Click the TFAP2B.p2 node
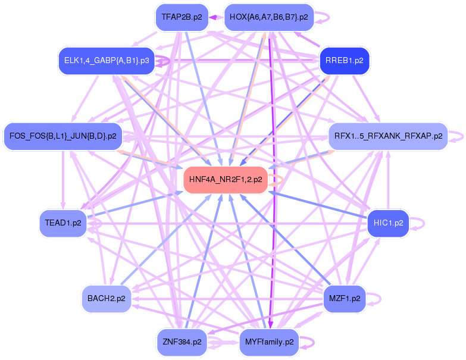click(182, 17)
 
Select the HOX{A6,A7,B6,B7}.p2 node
click(268, 17)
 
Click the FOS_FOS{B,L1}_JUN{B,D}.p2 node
click(62, 136)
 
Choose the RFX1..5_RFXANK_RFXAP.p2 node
click(388, 136)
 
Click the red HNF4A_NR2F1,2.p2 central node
click(226, 180)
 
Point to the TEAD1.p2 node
click(62, 223)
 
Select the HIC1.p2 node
click(388, 223)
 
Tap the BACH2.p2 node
click(106, 298)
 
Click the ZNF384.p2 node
click(182, 342)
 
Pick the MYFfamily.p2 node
click(268, 342)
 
